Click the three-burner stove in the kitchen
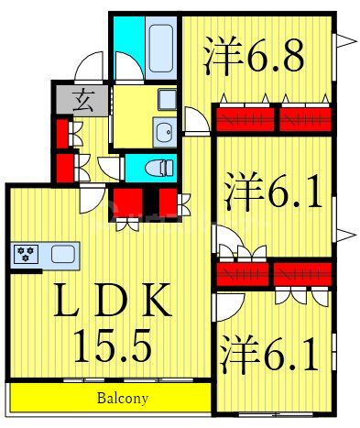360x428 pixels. click(x=25, y=254)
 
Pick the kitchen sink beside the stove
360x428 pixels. click(x=64, y=255)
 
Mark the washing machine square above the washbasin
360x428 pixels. click(x=166, y=99)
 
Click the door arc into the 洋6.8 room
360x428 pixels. click(x=195, y=120)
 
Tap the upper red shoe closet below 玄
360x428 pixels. click(x=61, y=133)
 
